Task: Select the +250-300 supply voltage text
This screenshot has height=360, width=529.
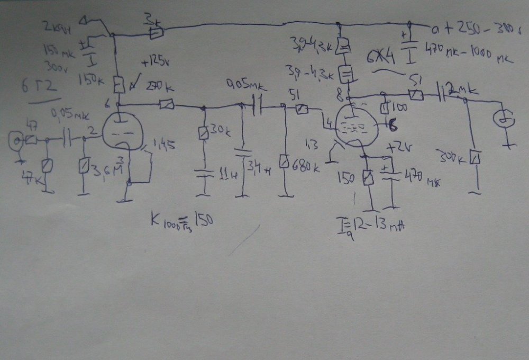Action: [479, 28]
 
